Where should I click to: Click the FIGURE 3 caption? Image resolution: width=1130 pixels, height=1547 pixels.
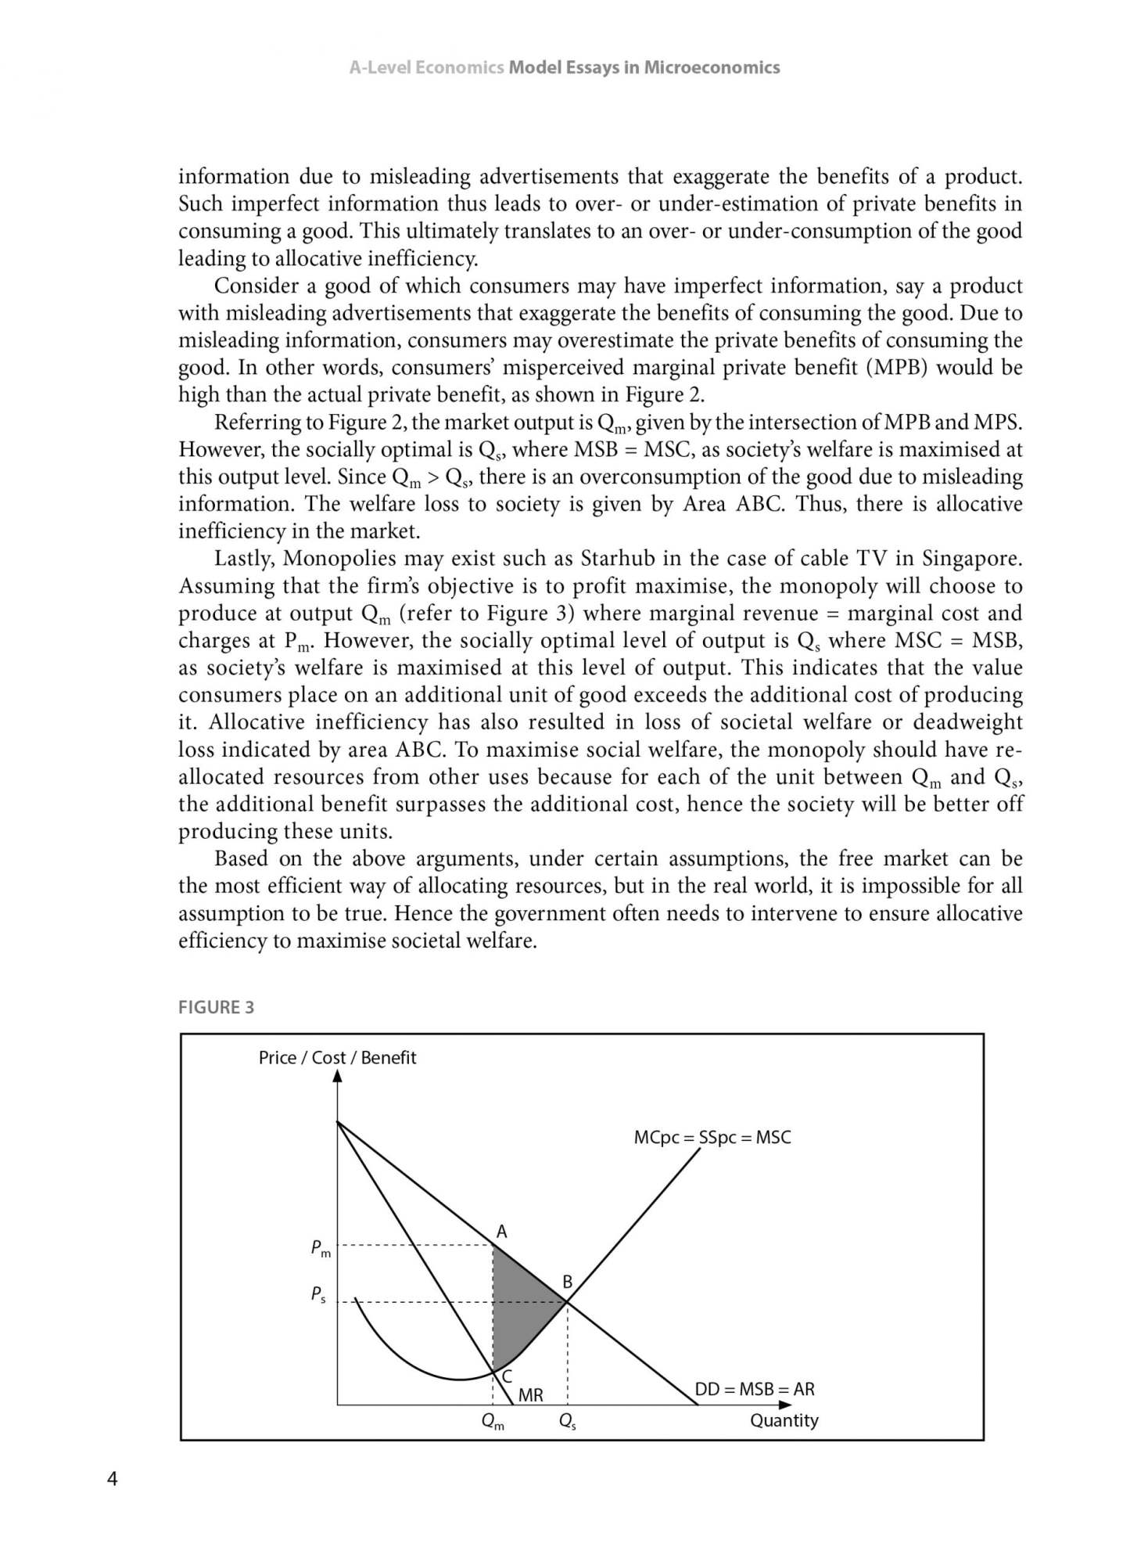coord(216,1007)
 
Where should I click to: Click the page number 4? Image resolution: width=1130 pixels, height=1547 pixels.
coord(112,1479)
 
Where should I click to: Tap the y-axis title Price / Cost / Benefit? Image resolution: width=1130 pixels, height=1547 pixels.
coord(337,1058)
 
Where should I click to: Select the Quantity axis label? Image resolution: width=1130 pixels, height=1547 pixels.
coord(784,1420)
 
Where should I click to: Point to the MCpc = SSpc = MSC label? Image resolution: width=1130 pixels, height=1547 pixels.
coord(712,1138)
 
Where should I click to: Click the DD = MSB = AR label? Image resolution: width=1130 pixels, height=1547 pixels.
coord(755,1389)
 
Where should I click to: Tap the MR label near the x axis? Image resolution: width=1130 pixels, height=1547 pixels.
coord(531,1395)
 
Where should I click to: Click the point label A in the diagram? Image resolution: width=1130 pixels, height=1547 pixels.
coord(502,1232)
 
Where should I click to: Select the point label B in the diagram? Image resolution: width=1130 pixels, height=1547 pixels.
coord(568,1283)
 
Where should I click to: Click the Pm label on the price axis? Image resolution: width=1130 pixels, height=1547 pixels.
coord(321,1249)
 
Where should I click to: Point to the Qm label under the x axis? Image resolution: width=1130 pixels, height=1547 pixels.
coord(493,1422)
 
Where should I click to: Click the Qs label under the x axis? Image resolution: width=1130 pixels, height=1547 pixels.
coord(568,1422)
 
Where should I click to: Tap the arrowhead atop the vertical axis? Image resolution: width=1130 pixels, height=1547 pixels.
coord(338,1077)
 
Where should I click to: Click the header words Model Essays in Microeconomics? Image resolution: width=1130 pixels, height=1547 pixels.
coord(644,67)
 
